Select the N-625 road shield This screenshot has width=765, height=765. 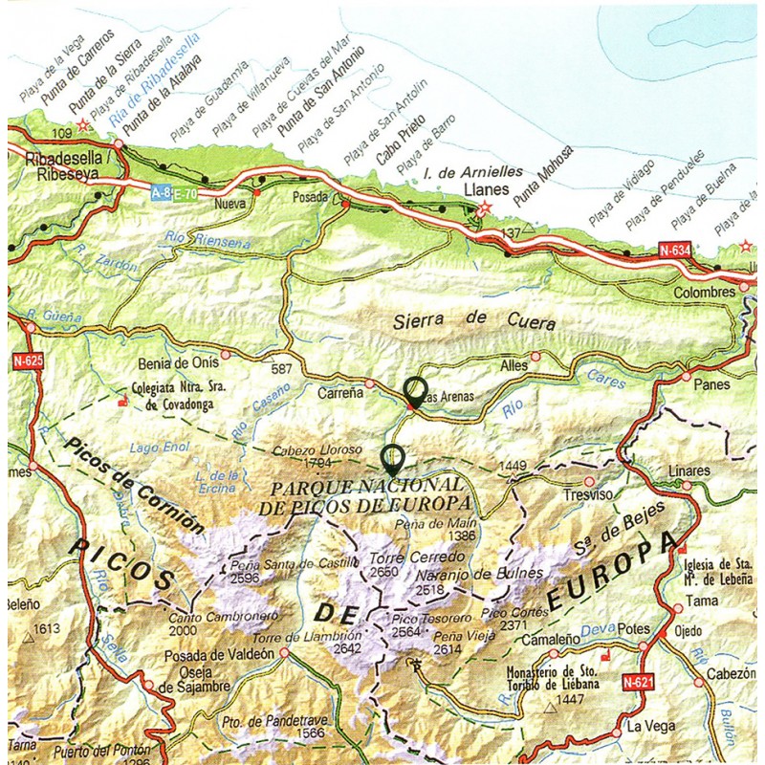pyautogui.click(x=27, y=361)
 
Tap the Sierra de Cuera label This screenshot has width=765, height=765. pyautogui.click(x=473, y=322)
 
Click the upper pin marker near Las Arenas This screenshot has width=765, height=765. pyautogui.click(x=415, y=390)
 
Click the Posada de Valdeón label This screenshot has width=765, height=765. pyautogui.click(x=220, y=654)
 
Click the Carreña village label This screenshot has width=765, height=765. pyautogui.click(x=339, y=392)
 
